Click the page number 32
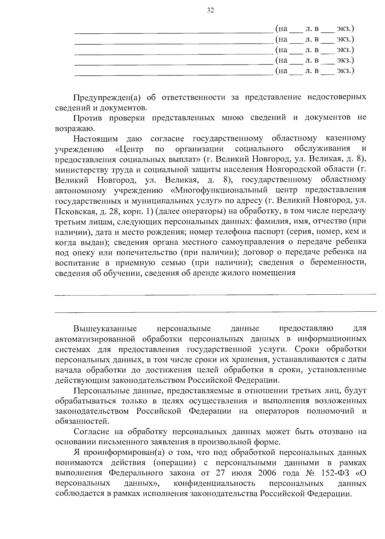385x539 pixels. tap(210, 10)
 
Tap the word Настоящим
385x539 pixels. tap(95, 139)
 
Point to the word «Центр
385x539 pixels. tap(129, 149)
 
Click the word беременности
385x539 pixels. tap(338, 263)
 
